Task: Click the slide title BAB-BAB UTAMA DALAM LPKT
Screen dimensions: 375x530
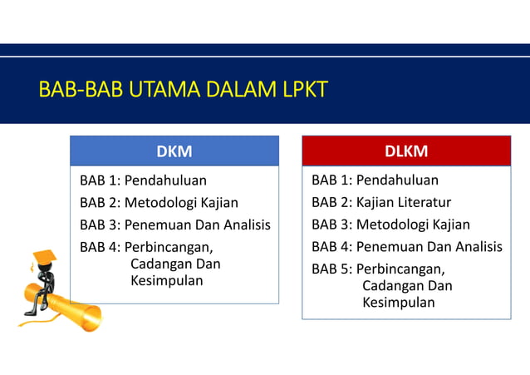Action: (183, 89)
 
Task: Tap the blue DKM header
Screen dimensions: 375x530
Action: (174, 150)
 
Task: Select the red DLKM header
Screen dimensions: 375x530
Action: (406, 150)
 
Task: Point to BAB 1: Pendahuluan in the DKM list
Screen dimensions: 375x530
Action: (143, 180)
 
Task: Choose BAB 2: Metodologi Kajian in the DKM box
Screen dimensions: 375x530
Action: (159, 202)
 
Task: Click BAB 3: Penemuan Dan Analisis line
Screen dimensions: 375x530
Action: (174, 225)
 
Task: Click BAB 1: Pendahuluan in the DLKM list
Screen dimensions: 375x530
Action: (375, 180)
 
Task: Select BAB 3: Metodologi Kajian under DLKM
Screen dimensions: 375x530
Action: (390, 225)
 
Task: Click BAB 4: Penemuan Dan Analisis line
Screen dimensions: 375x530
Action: (406, 247)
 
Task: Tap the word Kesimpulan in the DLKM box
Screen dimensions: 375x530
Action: (398, 303)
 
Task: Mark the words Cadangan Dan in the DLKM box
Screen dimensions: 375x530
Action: (407, 286)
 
